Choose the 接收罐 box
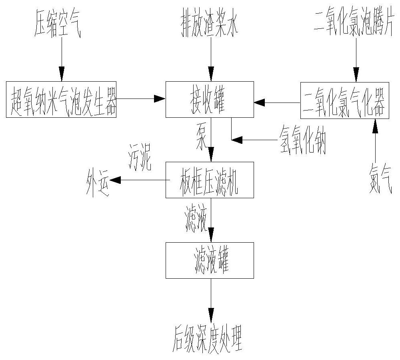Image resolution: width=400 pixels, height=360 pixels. (x=210, y=99)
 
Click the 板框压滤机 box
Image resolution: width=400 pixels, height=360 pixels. (x=210, y=180)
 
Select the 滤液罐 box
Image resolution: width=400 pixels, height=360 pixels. (x=210, y=260)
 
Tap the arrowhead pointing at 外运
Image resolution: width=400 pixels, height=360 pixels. (x=115, y=180)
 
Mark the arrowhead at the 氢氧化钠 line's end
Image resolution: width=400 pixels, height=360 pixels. (x=237, y=140)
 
